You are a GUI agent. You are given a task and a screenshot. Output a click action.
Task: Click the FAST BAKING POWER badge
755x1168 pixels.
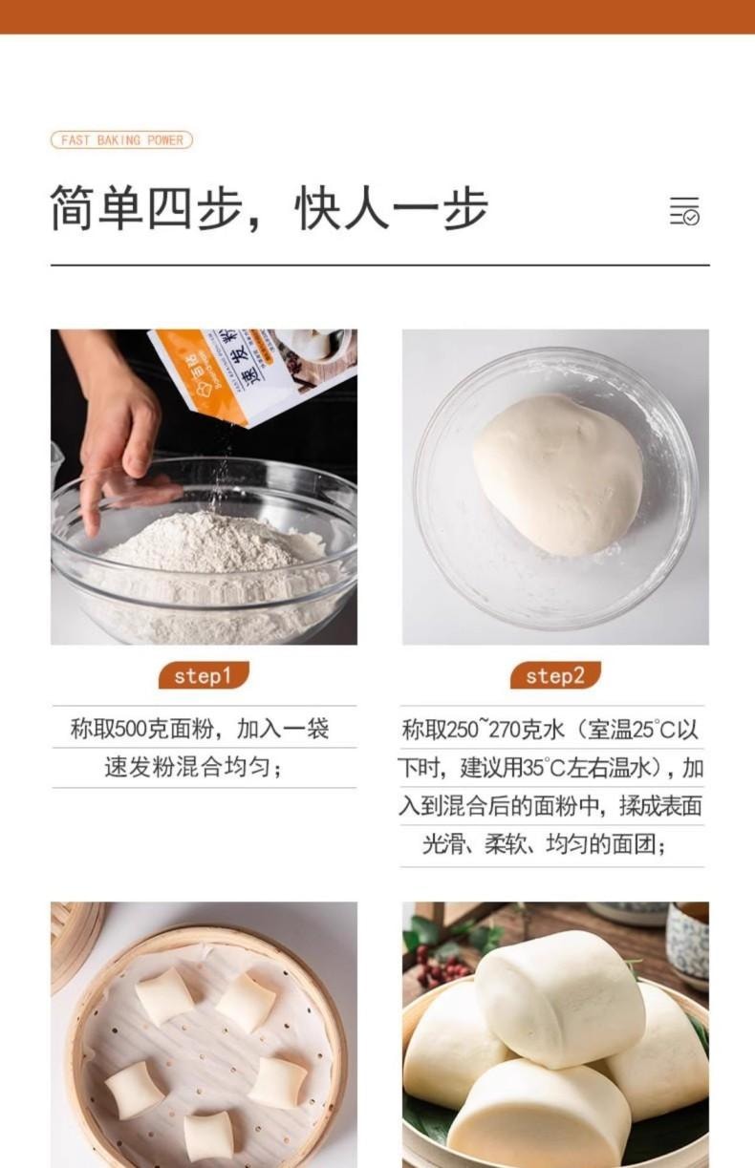coord(121,140)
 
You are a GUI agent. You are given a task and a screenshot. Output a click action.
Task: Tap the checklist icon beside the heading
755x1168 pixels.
coord(684,210)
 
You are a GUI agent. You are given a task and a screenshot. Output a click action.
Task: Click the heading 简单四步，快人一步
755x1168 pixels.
coord(269,209)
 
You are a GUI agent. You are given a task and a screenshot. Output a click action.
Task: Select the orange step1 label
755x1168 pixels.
coord(203,676)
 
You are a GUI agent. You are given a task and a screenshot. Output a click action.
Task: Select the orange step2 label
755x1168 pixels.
coord(554,676)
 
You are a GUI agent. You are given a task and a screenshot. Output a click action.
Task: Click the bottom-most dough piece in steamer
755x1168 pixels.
coord(208,1136)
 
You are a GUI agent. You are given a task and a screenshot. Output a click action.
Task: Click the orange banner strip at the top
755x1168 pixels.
coord(377,16)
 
